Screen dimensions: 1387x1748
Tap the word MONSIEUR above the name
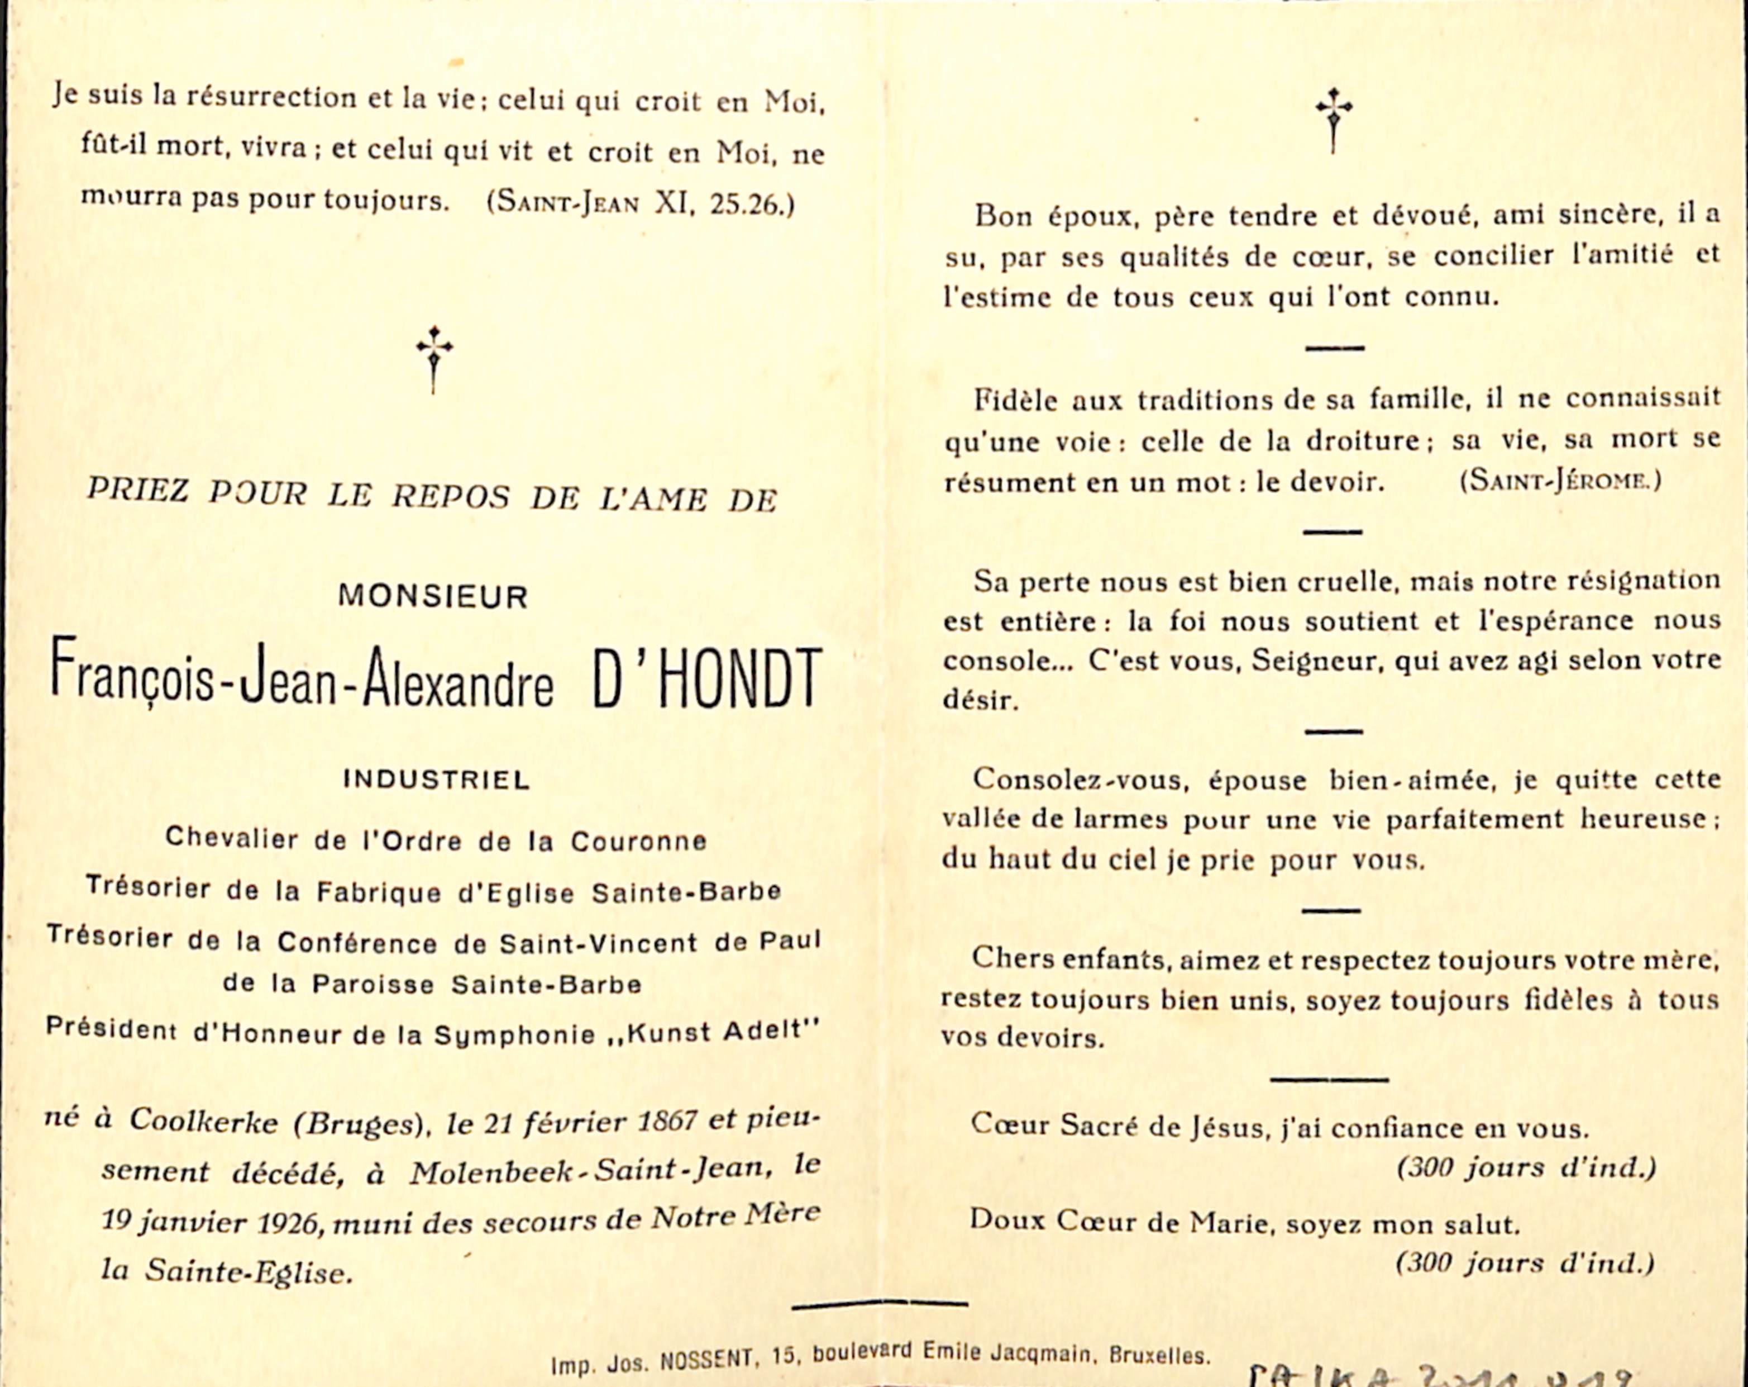(x=433, y=597)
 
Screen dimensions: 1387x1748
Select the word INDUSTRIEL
(x=436, y=780)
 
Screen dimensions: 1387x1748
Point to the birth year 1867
(x=666, y=1122)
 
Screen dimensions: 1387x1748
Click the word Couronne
(x=638, y=841)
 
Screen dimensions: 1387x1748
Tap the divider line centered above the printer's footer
(x=880, y=1304)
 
